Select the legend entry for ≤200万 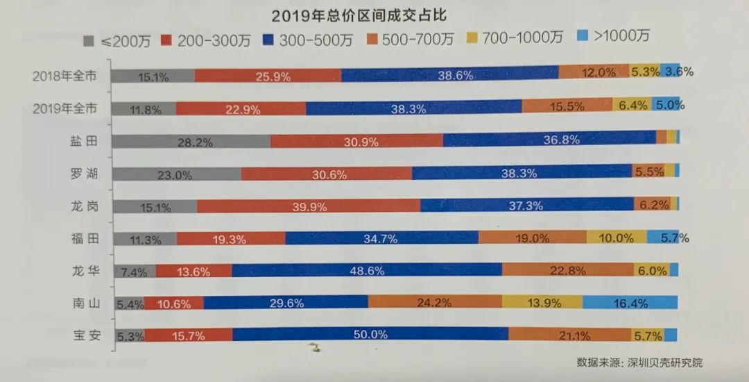tap(114, 40)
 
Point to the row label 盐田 tap(87, 141)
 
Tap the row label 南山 tap(87, 303)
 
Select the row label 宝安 tap(87, 335)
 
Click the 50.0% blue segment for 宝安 tap(370, 334)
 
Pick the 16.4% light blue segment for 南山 tap(630, 302)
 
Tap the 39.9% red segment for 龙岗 tap(308, 205)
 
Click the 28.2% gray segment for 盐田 tap(191, 142)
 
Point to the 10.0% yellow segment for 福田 tap(617, 238)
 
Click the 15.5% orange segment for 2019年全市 tap(566, 106)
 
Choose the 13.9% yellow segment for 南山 tap(542, 302)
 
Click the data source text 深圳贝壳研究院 tap(665, 363)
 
